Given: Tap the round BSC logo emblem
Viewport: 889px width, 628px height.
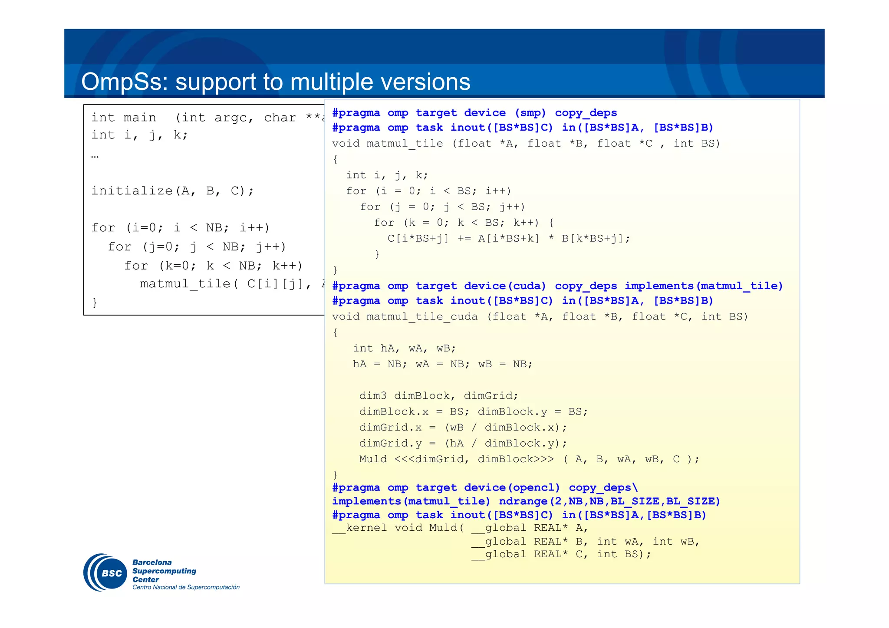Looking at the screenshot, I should [x=105, y=572].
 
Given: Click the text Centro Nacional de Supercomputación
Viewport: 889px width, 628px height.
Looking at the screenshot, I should [x=186, y=587].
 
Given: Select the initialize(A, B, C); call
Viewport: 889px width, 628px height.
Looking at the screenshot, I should [x=172, y=191].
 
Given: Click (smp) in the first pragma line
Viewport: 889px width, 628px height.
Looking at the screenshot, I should [x=530, y=113].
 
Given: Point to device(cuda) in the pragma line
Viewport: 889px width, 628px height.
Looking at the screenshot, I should [x=505, y=286].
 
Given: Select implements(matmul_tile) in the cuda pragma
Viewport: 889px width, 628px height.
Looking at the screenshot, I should [x=704, y=286].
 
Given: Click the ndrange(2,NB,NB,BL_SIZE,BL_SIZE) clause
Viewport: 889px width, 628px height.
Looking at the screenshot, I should [x=609, y=501].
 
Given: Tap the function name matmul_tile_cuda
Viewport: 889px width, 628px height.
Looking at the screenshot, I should [x=422, y=317].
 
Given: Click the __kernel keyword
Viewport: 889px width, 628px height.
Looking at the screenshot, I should [x=360, y=528].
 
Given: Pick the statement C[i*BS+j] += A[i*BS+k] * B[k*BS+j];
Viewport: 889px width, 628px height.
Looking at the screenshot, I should [x=509, y=239].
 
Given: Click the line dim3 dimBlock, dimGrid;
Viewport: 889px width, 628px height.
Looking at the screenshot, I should [x=438, y=396].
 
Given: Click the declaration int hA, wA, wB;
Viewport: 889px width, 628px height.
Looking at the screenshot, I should [x=404, y=349].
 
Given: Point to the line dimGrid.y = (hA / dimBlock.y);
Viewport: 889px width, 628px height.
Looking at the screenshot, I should [x=463, y=443].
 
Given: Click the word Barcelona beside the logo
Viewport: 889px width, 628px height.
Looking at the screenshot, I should [x=152, y=562].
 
